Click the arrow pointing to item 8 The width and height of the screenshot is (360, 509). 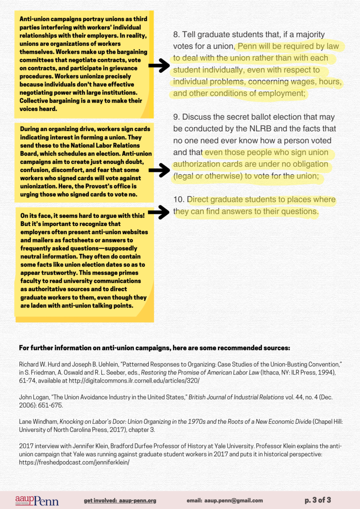[159, 65]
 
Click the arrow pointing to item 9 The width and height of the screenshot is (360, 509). [159, 170]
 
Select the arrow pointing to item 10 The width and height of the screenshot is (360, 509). [159, 212]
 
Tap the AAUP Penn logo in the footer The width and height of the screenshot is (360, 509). [37, 500]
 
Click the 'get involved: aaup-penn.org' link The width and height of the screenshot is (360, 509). [120, 500]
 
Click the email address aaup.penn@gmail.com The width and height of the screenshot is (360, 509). [224, 500]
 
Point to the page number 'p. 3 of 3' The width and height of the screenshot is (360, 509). [318, 500]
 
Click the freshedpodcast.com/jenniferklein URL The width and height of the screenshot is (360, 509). [74, 462]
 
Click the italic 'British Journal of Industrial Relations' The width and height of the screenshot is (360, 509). [232, 397]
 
